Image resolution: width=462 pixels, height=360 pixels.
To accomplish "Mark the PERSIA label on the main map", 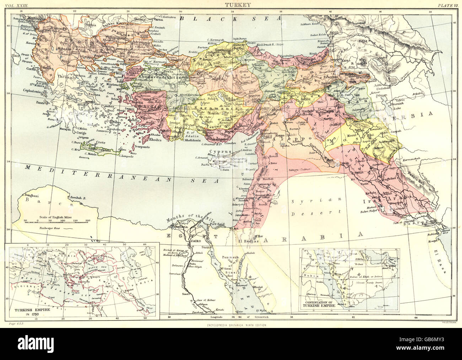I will [416, 114].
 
